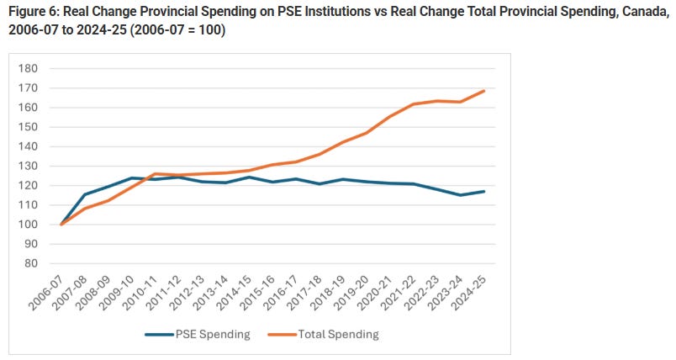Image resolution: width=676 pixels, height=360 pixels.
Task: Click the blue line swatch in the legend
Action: [160, 334]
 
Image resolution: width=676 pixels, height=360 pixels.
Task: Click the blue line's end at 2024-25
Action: [484, 191]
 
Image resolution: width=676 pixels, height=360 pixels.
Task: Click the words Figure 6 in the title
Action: [32, 10]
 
